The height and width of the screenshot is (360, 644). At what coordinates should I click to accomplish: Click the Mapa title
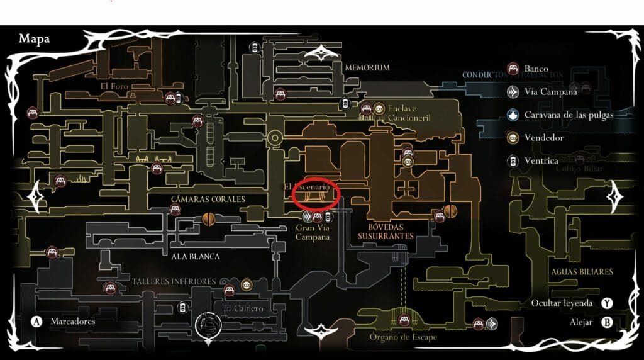point(34,39)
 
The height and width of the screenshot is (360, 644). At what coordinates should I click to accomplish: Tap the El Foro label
point(114,86)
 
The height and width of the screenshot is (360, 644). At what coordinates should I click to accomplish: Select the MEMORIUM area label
point(367,67)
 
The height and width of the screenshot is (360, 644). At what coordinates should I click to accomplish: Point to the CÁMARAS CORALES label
point(208,199)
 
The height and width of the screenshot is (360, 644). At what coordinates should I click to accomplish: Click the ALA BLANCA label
point(196,256)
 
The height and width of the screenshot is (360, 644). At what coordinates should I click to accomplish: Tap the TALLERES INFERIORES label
point(174,281)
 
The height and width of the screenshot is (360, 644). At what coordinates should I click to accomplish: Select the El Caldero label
point(243,308)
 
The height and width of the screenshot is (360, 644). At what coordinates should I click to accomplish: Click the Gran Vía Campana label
point(313,232)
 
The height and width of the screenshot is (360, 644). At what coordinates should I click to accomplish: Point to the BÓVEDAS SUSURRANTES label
point(386,231)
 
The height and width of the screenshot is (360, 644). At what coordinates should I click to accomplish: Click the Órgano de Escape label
point(403,337)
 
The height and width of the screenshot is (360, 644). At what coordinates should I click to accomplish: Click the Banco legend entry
point(536,69)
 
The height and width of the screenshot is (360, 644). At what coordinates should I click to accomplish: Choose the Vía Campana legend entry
point(550,92)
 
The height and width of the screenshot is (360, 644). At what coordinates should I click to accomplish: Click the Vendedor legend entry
point(543,137)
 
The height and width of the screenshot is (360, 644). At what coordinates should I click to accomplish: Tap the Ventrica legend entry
point(541,160)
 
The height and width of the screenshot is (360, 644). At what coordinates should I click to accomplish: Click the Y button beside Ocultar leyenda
point(607,303)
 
